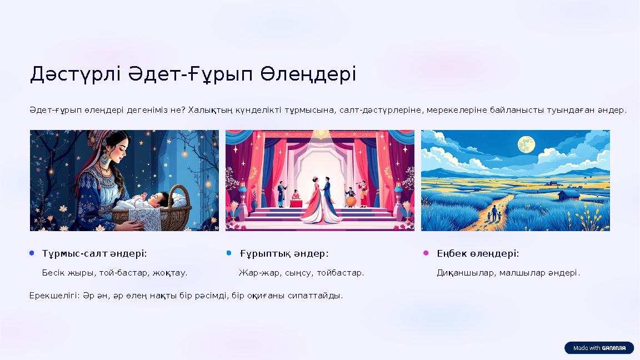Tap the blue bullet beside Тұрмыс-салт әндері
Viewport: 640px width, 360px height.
[x=32, y=253]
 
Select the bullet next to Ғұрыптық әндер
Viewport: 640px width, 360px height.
[x=229, y=253]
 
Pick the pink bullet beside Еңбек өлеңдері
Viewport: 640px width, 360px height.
[x=426, y=253]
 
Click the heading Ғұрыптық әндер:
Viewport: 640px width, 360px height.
[x=284, y=253]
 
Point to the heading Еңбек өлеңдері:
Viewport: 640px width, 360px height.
[x=478, y=253]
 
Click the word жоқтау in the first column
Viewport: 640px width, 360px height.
[x=173, y=273]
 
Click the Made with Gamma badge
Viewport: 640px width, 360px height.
[x=599, y=348]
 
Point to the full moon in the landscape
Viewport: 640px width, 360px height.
[x=526, y=145]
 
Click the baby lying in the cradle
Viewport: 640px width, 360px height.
[x=156, y=200]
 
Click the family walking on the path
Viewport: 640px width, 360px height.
[x=493, y=213]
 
